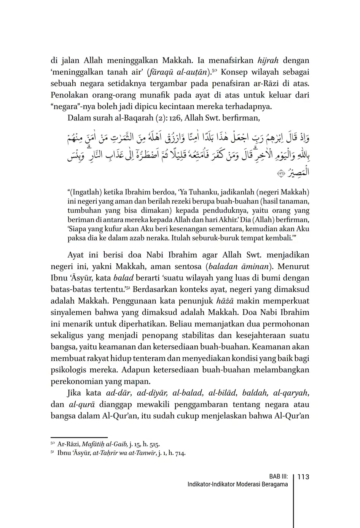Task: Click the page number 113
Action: [303, 477]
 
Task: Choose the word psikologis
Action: [70, 370]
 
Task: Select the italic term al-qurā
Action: [82, 404]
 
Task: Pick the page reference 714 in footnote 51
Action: [180, 453]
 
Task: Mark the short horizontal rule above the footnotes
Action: [79, 437]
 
